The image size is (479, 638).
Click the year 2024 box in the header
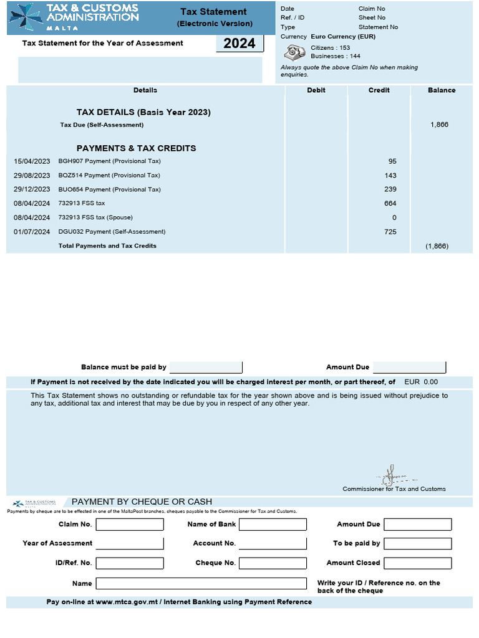point(239,44)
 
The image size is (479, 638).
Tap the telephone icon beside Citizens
point(294,52)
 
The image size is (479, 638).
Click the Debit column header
point(316,90)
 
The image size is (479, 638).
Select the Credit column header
point(379,90)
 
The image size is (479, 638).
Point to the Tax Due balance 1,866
point(439,125)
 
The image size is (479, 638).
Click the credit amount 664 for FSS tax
point(390,204)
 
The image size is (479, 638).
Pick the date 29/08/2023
point(32,176)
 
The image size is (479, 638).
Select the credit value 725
point(390,232)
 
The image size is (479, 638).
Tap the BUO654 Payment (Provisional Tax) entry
point(109,189)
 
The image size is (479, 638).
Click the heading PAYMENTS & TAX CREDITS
point(136,148)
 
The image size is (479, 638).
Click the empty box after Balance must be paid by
point(206,368)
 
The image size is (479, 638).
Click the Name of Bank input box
point(273,525)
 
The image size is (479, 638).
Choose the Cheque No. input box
point(273,563)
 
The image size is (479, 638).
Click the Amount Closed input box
point(417,563)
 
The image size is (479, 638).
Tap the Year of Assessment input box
point(130,544)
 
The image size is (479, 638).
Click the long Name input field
point(201,584)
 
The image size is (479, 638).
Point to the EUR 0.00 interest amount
point(422,383)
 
